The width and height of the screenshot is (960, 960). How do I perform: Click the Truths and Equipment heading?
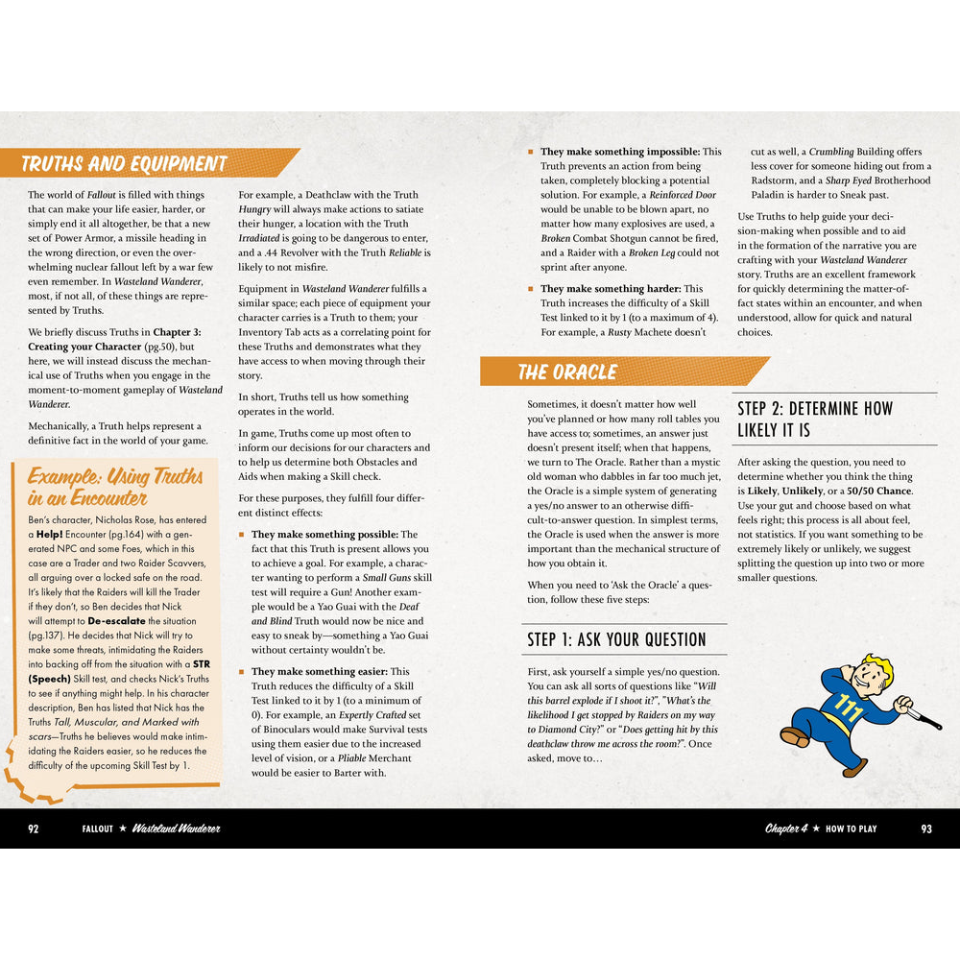(x=124, y=163)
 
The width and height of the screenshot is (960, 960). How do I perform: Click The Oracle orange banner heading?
(x=566, y=372)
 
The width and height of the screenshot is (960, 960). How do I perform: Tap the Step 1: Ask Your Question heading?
(x=616, y=639)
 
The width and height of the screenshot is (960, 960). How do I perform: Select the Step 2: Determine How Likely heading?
(x=815, y=419)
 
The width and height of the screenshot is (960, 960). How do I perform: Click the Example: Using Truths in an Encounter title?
(x=115, y=487)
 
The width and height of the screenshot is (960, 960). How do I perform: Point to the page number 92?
(x=34, y=828)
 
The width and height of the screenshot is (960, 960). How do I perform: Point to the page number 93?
(x=925, y=828)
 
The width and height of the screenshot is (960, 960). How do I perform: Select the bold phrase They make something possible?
(x=324, y=535)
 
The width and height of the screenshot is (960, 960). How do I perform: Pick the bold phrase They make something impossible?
(x=619, y=152)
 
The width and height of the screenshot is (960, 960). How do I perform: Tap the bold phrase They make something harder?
(x=608, y=289)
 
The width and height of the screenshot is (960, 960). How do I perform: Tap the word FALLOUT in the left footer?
(x=98, y=828)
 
